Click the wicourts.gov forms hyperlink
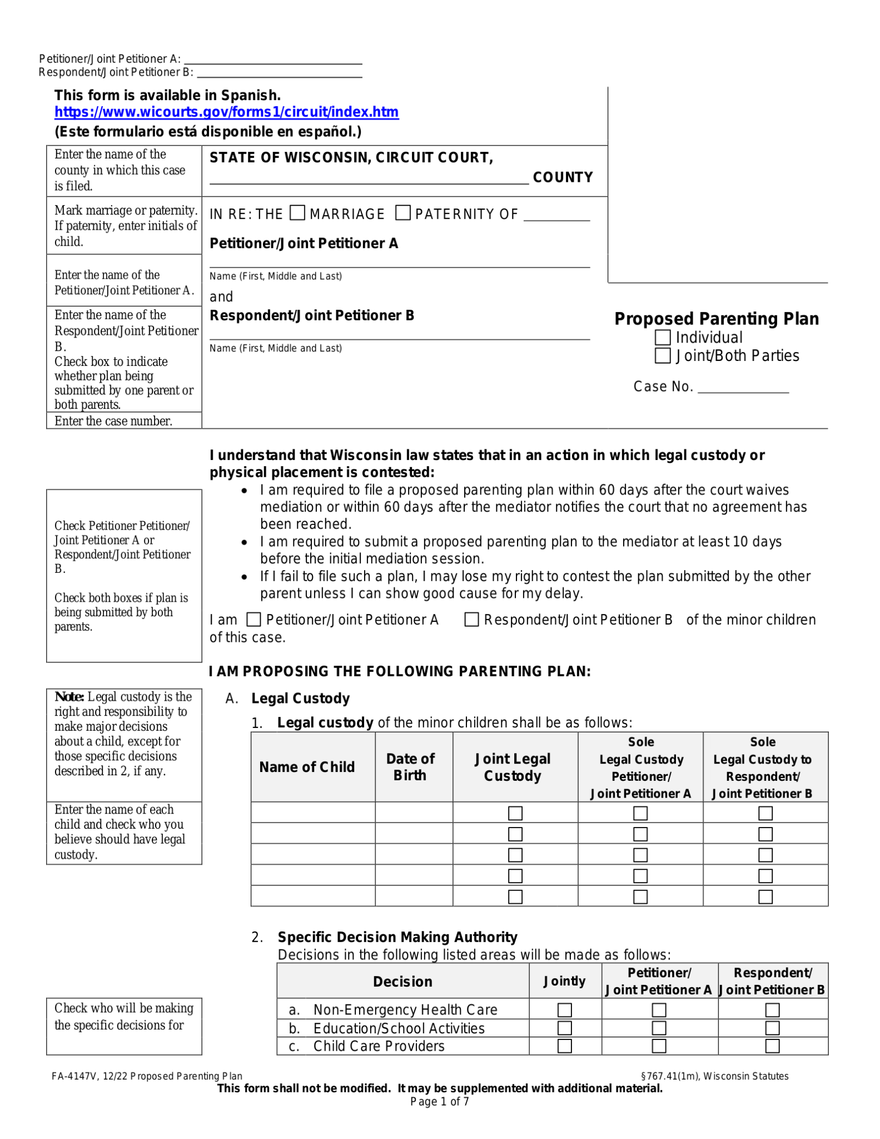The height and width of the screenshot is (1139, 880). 226,112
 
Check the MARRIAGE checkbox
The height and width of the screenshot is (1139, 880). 298,213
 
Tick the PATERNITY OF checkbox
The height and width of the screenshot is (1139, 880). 403,213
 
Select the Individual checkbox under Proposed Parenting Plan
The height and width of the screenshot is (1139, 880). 662,337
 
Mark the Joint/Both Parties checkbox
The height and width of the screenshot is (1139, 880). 662,355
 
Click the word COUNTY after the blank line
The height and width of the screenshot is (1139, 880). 562,177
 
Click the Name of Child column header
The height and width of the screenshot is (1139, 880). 307,767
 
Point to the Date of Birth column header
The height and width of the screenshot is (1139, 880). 410,767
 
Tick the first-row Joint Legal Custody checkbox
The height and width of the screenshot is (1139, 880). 515,813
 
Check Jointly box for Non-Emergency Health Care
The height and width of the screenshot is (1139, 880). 564,1009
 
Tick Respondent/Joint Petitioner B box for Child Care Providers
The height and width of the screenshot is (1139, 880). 772,1046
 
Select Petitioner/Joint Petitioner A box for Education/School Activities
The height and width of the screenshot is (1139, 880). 659,1028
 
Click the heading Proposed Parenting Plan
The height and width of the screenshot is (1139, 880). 716,319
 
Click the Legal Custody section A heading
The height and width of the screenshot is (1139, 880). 300,699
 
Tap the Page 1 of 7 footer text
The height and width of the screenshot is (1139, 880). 439,1102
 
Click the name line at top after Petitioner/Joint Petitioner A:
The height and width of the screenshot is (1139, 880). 272,60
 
